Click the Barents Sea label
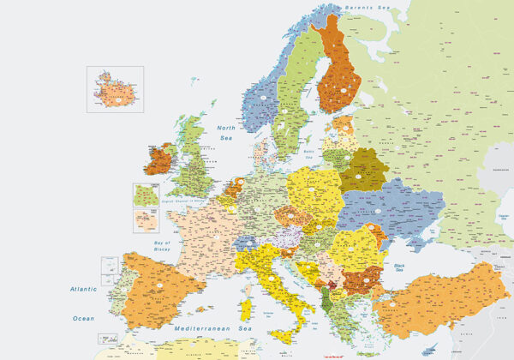pyautogui.click(x=366, y=8)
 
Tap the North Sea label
pyautogui.click(x=226, y=132)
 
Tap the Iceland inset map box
pyautogui.click(x=114, y=88)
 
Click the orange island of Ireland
pyautogui.click(x=156, y=160)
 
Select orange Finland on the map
pyautogui.click(x=338, y=73)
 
